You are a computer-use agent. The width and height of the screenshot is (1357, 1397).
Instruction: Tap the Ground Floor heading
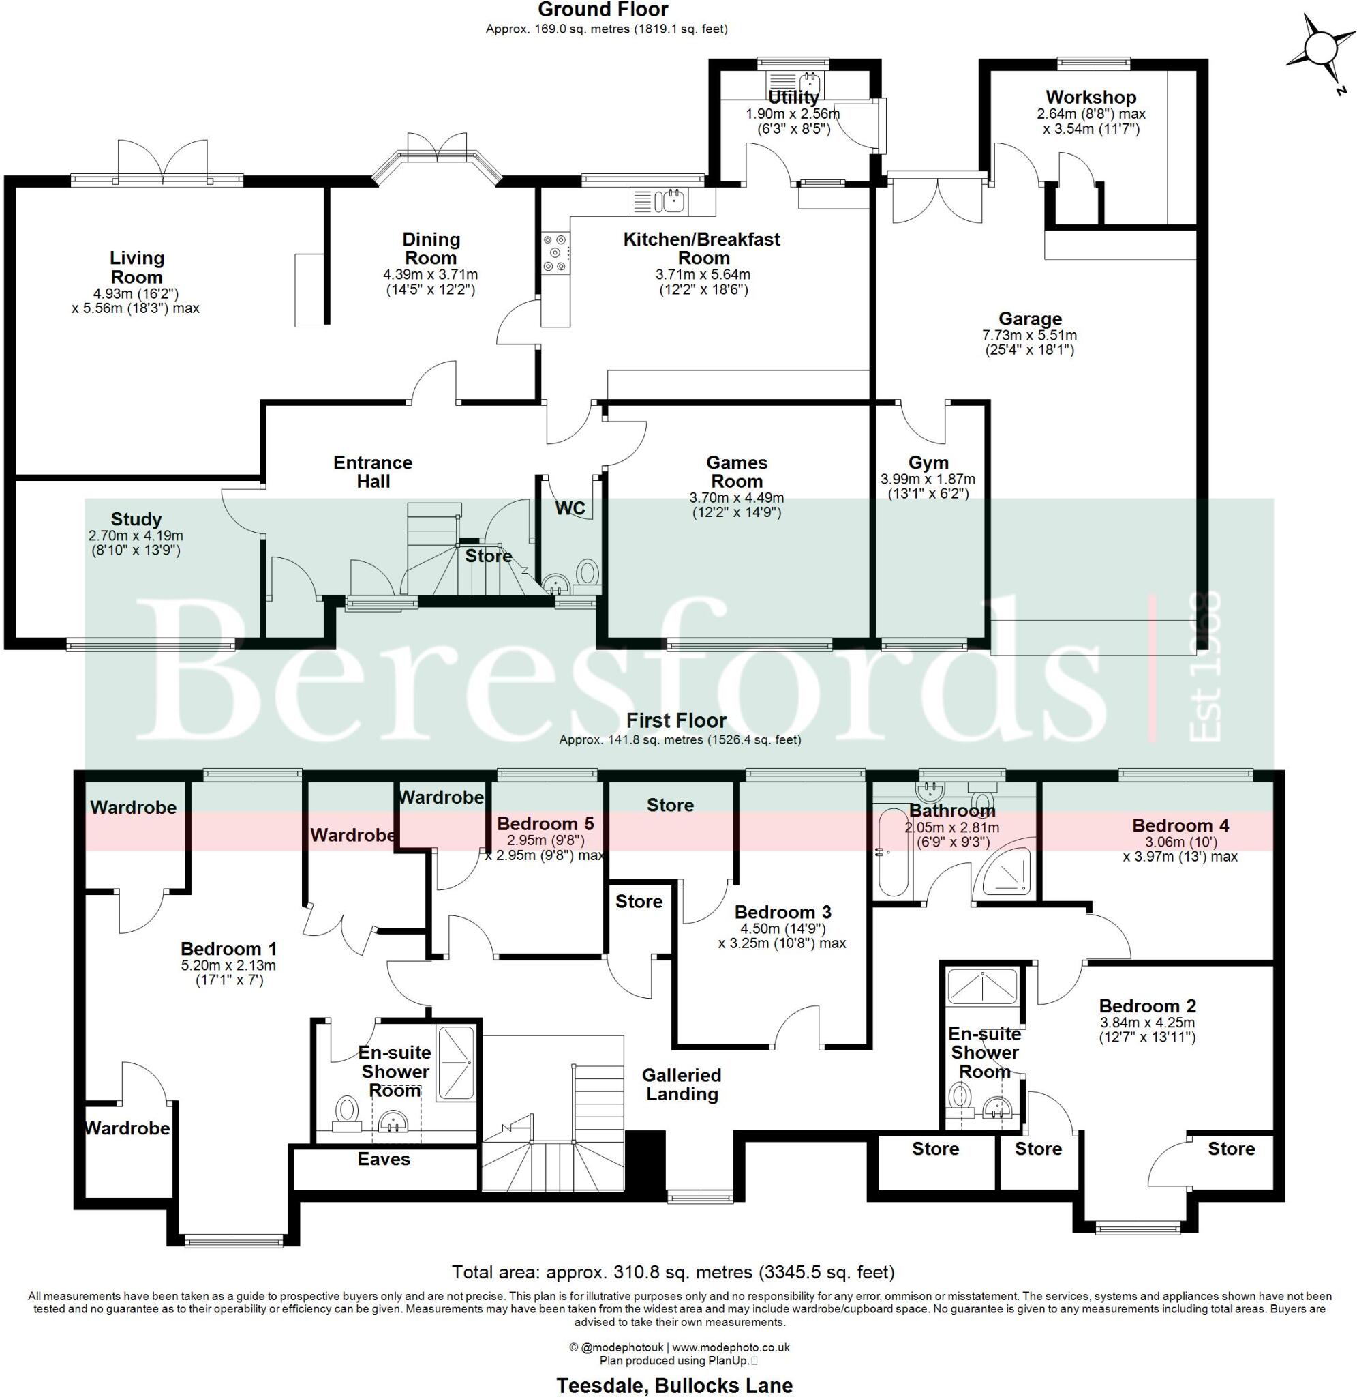[x=603, y=10]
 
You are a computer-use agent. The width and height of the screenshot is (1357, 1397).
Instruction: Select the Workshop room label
[x=1091, y=97]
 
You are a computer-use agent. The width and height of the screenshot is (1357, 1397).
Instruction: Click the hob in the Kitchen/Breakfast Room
[x=555, y=253]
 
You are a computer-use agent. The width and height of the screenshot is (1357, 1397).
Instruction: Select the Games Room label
[x=736, y=471]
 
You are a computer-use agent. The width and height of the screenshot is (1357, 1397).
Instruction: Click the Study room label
[x=136, y=518]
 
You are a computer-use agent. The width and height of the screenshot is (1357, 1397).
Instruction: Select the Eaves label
[x=384, y=1159]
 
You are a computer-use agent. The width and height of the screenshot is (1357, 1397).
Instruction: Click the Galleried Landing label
[x=682, y=1084]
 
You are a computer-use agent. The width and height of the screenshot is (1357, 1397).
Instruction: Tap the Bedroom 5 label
[x=545, y=823]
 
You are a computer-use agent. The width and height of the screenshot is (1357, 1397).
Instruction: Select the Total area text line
[x=673, y=1271]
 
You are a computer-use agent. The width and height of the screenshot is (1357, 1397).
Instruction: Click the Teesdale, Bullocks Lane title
[x=673, y=1385]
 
